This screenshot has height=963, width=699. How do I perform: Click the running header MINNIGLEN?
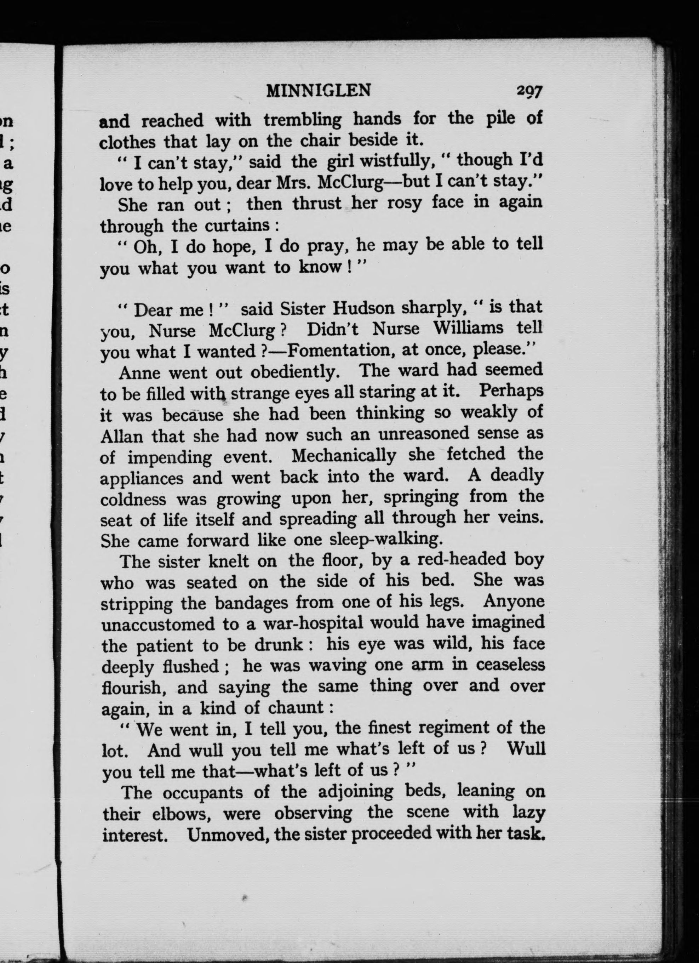click(x=319, y=90)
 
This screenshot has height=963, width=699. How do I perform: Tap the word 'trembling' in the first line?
click(x=303, y=120)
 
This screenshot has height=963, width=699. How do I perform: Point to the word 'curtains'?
click(x=238, y=225)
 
